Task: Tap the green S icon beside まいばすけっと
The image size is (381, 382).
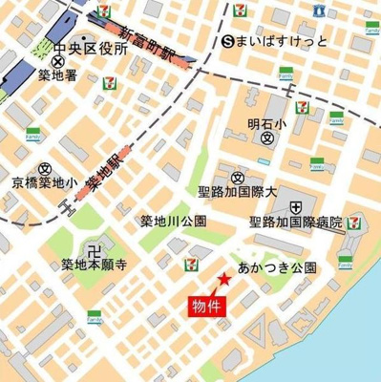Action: point(226,40)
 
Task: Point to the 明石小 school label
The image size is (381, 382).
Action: point(266,122)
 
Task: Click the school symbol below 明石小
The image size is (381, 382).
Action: point(267,138)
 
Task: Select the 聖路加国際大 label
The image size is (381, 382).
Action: point(238,193)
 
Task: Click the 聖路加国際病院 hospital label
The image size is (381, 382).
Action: point(295,222)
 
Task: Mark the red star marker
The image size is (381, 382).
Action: point(222,279)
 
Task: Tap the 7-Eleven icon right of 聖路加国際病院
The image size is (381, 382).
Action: point(354,223)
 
